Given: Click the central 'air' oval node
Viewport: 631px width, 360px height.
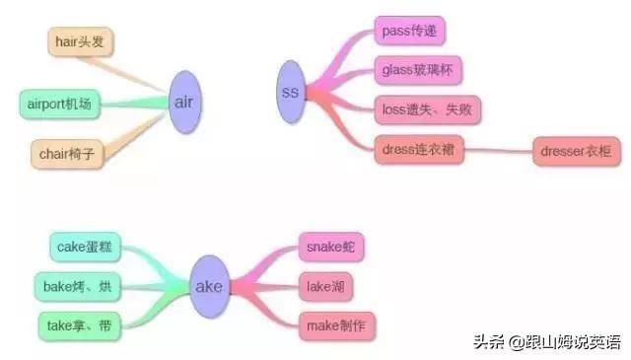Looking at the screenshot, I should (x=183, y=102).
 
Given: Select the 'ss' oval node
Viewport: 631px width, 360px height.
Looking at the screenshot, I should (x=290, y=93).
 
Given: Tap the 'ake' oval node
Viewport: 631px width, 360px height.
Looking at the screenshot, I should (x=209, y=287).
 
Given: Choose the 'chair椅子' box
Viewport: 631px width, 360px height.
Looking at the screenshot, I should (x=67, y=154).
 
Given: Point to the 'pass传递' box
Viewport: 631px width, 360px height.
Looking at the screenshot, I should (x=409, y=31).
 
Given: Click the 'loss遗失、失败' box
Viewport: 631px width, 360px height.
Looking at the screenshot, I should (x=427, y=109).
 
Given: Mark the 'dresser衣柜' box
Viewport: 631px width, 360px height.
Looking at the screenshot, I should (x=576, y=152).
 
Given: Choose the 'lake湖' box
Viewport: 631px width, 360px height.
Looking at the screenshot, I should (x=325, y=286).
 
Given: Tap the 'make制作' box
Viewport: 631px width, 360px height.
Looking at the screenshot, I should (x=337, y=324).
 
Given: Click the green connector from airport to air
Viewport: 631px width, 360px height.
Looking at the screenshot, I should (x=138, y=103).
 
